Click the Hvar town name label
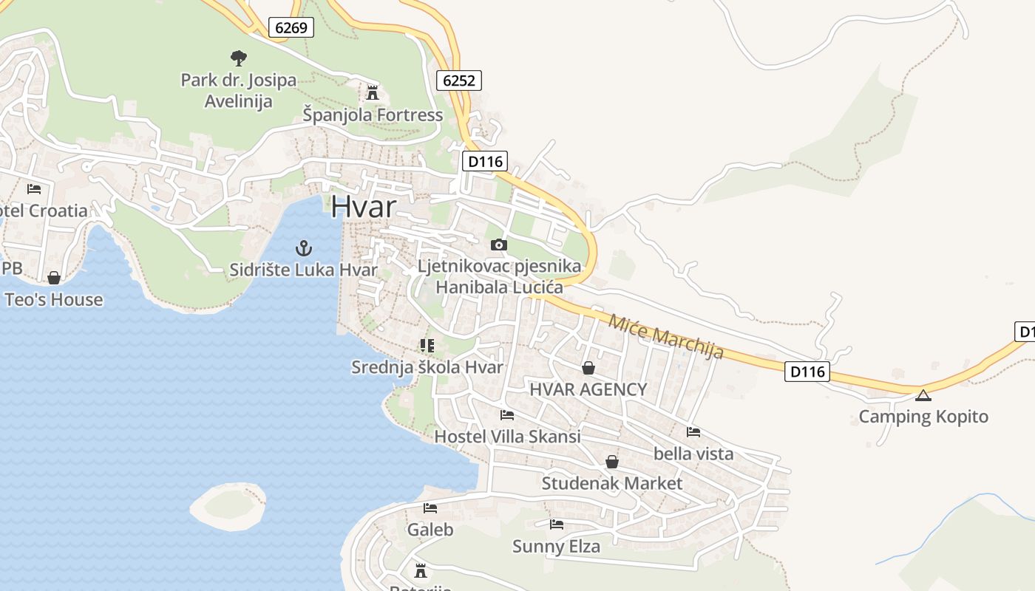coord(363,207)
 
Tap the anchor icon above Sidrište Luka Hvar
coord(303,247)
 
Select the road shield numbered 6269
coord(291,28)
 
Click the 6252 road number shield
coord(458,80)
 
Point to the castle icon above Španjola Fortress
coord(373,93)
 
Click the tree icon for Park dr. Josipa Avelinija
coord(238,58)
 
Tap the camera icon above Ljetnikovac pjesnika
coord(499,245)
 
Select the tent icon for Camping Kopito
coord(923,395)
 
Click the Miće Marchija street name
coord(665,336)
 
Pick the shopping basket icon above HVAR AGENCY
coord(588,368)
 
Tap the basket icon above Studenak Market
coord(612,462)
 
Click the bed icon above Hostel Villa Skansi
coord(507,415)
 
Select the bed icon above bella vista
coord(693,432)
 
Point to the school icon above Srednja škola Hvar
coord(427,345)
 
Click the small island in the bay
coord(228,506)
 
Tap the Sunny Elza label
coord(556,547)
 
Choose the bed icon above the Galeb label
coord(430,508)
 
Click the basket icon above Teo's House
coord(54,278)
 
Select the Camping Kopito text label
coord(923,417)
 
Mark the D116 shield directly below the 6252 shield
coord(485,161)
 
